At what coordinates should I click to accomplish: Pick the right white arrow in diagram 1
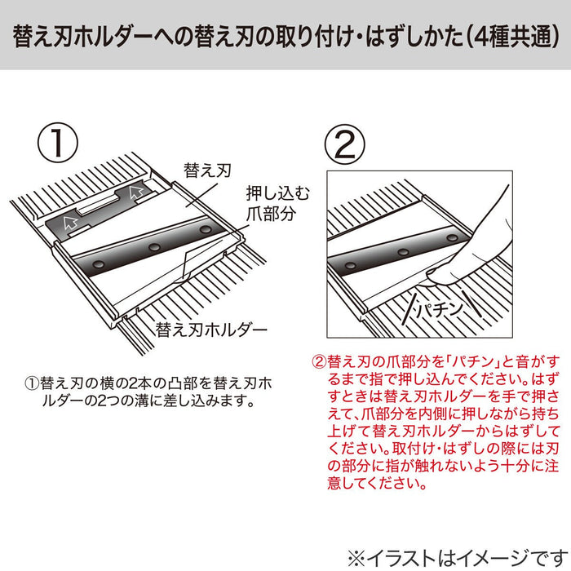(136, 193)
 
